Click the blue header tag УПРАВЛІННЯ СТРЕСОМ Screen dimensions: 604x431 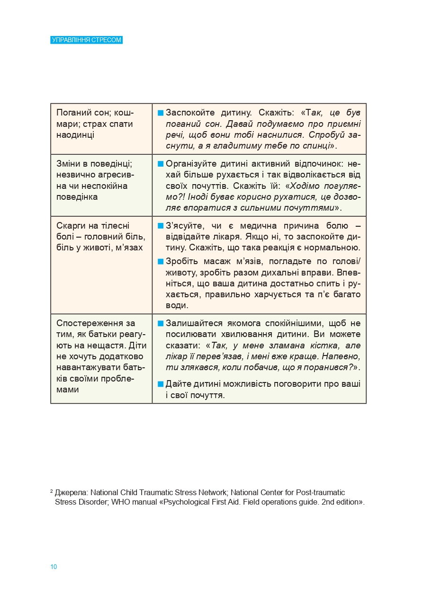click(86, 40)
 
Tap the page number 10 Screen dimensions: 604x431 click(54, 567)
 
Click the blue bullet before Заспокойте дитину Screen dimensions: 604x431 click(161, 113)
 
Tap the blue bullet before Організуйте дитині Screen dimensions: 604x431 click(161, 164)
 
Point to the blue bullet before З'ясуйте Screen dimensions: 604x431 click(161, 226)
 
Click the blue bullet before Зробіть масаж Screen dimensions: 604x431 click(161, 261)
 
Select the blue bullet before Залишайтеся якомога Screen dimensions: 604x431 click(161, 324)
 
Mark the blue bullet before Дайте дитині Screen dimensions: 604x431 click(161, 384)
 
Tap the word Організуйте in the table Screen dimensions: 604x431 click(191, 164)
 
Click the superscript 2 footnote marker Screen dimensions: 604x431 click(51, 491)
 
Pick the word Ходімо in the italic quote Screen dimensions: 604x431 click(306, 186)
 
